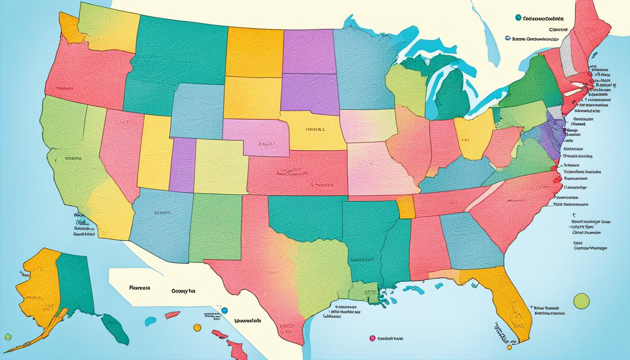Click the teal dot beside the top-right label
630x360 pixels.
[518, 18]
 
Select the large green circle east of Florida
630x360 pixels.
[581, 300]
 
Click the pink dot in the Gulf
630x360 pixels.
[372, 337]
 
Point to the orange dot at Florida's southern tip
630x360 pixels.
[509, 347]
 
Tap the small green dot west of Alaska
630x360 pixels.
[7, 337]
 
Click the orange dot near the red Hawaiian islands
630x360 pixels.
[197, 327]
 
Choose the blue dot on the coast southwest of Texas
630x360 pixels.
[225, 310]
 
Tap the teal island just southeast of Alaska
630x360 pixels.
[115, 328]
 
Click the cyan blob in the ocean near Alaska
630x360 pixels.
[150, 321]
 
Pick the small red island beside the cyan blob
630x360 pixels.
[172, 315]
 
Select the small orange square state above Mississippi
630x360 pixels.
[406, 207]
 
